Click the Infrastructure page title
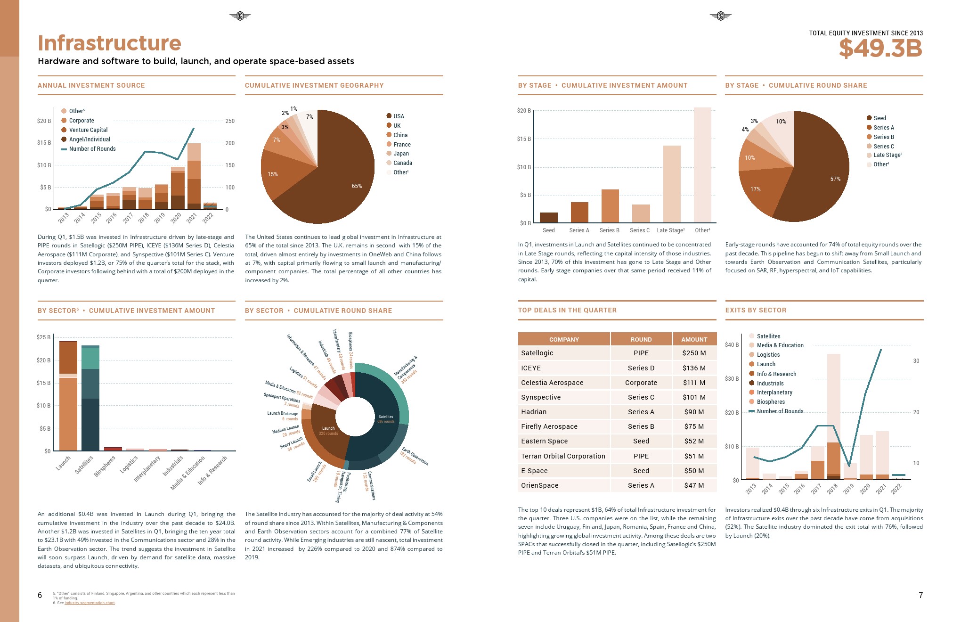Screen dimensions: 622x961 click(x=109, y=43)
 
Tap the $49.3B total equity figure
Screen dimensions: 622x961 click(x=880, y=48)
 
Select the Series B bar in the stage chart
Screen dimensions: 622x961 click(x=610, y=206)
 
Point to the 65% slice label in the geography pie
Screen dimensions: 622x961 click(x=357, y=186)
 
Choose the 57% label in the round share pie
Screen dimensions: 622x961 click(x=835, y=179)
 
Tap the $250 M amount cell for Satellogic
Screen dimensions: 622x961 click(x=694, y=353)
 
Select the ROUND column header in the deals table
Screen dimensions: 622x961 click(x=641, y=339)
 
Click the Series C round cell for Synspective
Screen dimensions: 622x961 click(x=641, y=397)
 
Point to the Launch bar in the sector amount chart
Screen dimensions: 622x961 click(x=68, y=396)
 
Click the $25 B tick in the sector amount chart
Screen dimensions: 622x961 click(x=43, y=337)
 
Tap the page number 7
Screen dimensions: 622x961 click(x=920, y=595)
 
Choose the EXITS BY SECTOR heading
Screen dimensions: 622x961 click(x=756, y=310)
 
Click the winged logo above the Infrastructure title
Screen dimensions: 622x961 click(x=240, y=16)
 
